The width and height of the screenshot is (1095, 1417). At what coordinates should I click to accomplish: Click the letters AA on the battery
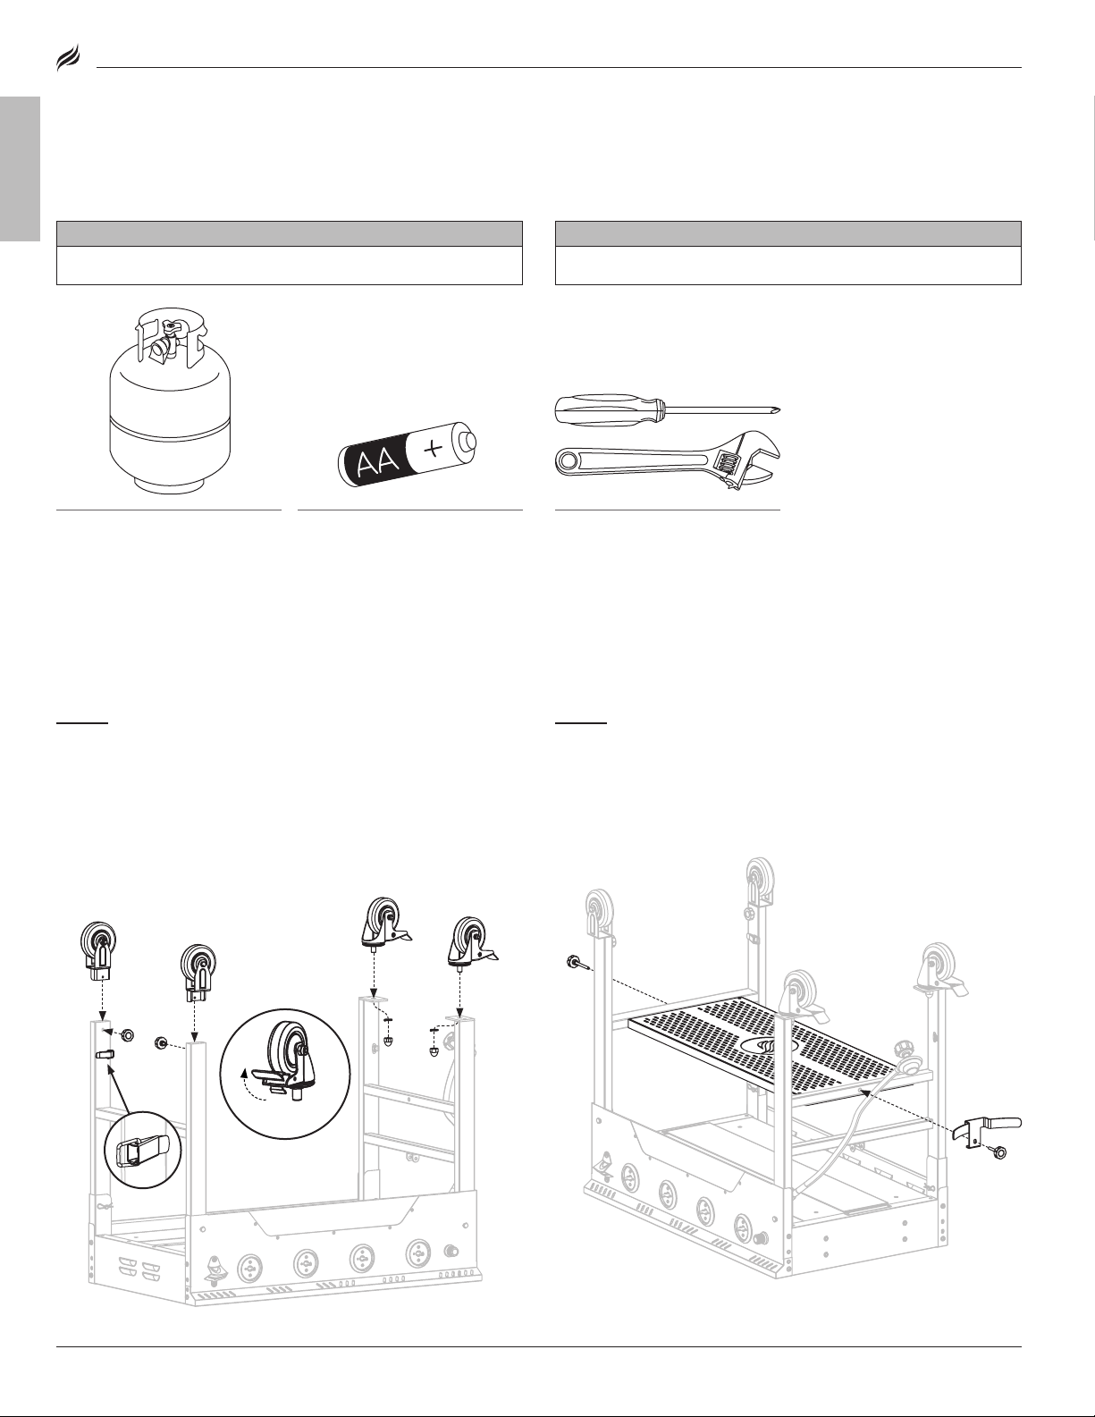(377, 462)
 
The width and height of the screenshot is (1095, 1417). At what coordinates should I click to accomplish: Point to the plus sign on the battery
(433, 449)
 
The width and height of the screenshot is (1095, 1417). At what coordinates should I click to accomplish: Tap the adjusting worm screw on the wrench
(724, 467)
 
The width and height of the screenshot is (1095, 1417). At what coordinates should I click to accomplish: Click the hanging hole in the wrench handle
(569, 460)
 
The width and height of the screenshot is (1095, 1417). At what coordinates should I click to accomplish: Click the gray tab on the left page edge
(21, 169)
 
